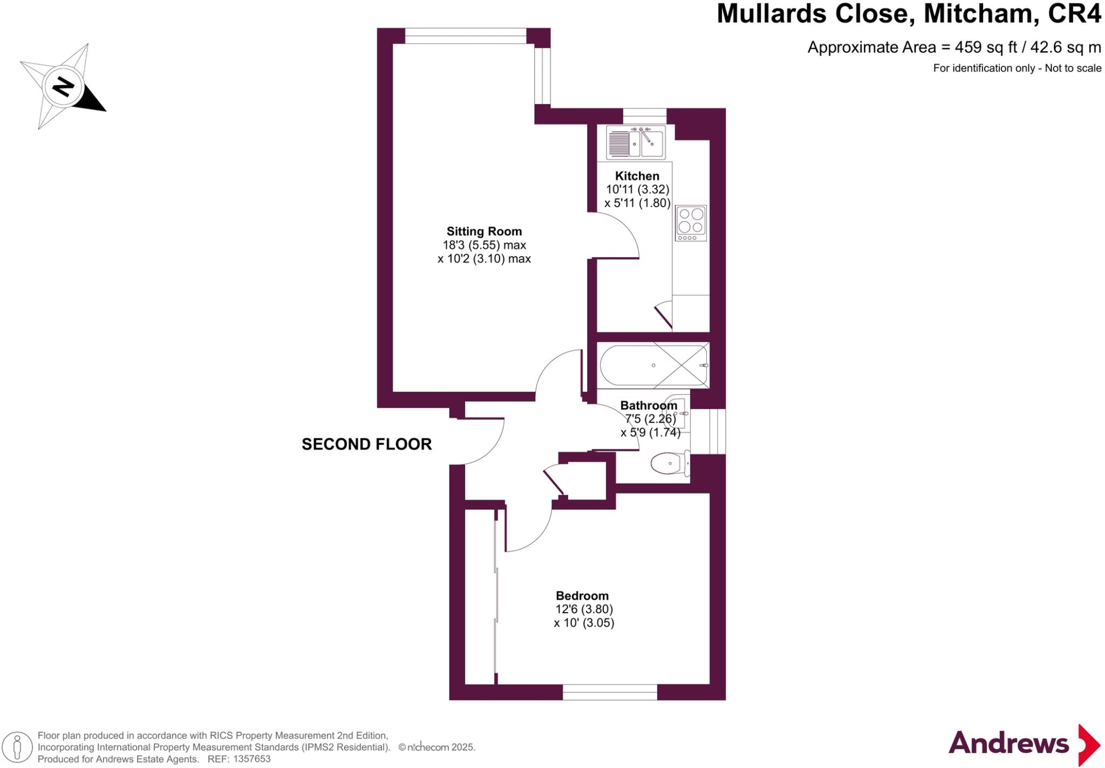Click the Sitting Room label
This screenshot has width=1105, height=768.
pyautogui.click(x=484, y=231)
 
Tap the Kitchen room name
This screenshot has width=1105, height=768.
pyautogui.click(x=637, y=176)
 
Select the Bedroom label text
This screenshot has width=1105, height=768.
pyautogui.click(x=582, y=595)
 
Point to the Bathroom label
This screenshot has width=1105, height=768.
pyautogui.click(x=649, y=406)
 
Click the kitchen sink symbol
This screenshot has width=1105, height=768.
pyautogui.click(x=636, y=142)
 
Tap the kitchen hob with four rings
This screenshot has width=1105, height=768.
pyautogui.click(x=691, y=223)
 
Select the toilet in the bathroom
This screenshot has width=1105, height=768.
pyautogui.click(x=670, y=464)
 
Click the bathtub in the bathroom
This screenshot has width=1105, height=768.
pyautogui.click(x=653, y=365)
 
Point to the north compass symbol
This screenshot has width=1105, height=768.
pyautogui.click(x=64, y=86)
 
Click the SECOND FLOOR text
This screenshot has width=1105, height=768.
pyautogui.click(x=366, y=444)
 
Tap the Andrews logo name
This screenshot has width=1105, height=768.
pyautogui.click(x=1008, y=744)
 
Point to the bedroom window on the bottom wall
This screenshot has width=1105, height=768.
pyautogui.click(x=610, y=692)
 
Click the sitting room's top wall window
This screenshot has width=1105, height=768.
pyautogui.click(x=465, y=36)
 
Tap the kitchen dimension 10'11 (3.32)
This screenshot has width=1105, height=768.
pyautogui.click(x=637, y=189)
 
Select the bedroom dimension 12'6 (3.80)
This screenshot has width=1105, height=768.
pyautogui.click(x=584, y=609)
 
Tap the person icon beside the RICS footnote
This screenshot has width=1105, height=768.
pyautogui.click(x=18, y=748)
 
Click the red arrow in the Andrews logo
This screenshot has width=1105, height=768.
pyautogui.click(x=1089, y=745)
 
